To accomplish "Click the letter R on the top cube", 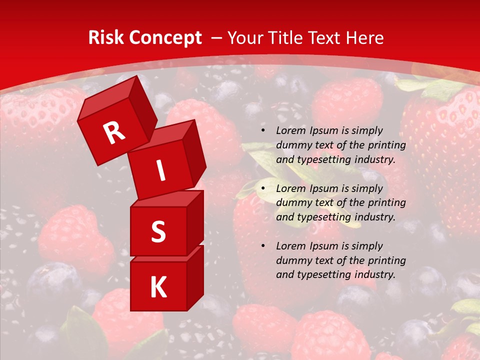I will pos(114,133).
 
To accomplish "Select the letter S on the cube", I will pos(158,231).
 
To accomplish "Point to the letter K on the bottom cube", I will pos(158,287).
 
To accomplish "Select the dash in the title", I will pos(217,38).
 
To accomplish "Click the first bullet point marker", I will pos(263,130).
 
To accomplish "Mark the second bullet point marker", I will pos(263,188).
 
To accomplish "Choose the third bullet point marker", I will pos(263,246).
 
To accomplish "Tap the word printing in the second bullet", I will pos(386,202).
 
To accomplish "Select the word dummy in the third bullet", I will pos(292,260).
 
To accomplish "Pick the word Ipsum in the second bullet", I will pos(323,188).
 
